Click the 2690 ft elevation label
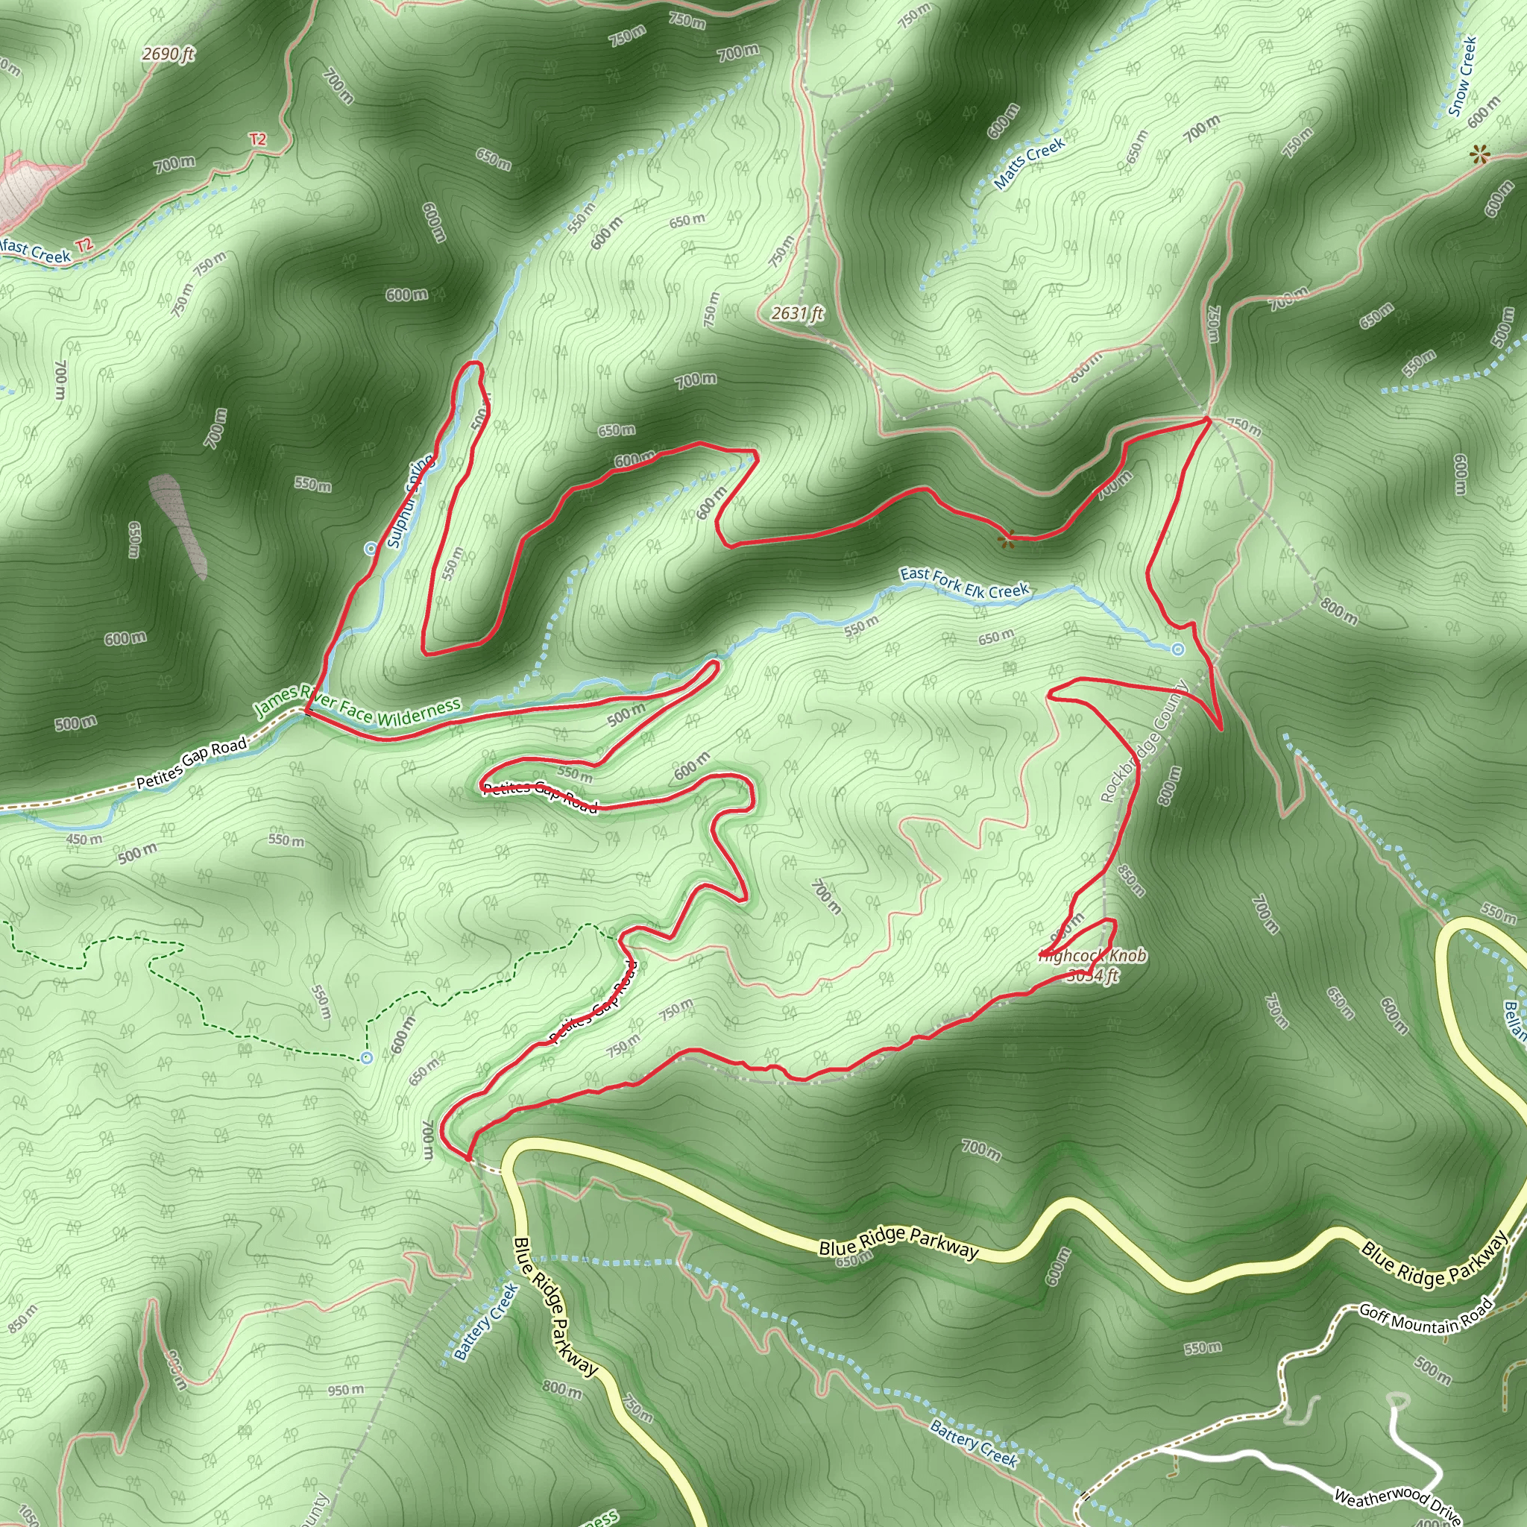pyautogui.click(x=169, y=54)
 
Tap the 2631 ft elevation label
pyautogui.click(x=797, y=314)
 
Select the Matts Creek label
pyautogui.click(x=1029, y=163)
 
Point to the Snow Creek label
pyautogui.click(x=1463, y=77)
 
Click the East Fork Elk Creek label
pyautogui.click(x=964, y=583)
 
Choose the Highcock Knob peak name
pyautogui.click(x=1095, y=957)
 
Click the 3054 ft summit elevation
pyautogui.click(x=1093, y=976)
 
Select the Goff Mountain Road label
pyautogui.click(x=1425, y=1318)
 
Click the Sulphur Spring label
pyautogui.click(x=409, y=501)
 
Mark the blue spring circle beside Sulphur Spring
pyautogui.click(x=370, y=549)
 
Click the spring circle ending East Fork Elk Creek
pyautogui.click(x=1177, y=649)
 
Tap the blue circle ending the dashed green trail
pyautogui.click(x=366, y=1057)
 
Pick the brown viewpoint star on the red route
pyautogui.click(x=1005, y=541)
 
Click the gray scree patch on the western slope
pyautogui.click(x=179, y=526)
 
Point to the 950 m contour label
pyautogui.click(x=345, y=1390)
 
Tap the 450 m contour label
pyautogui.click(x=84, y=840)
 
